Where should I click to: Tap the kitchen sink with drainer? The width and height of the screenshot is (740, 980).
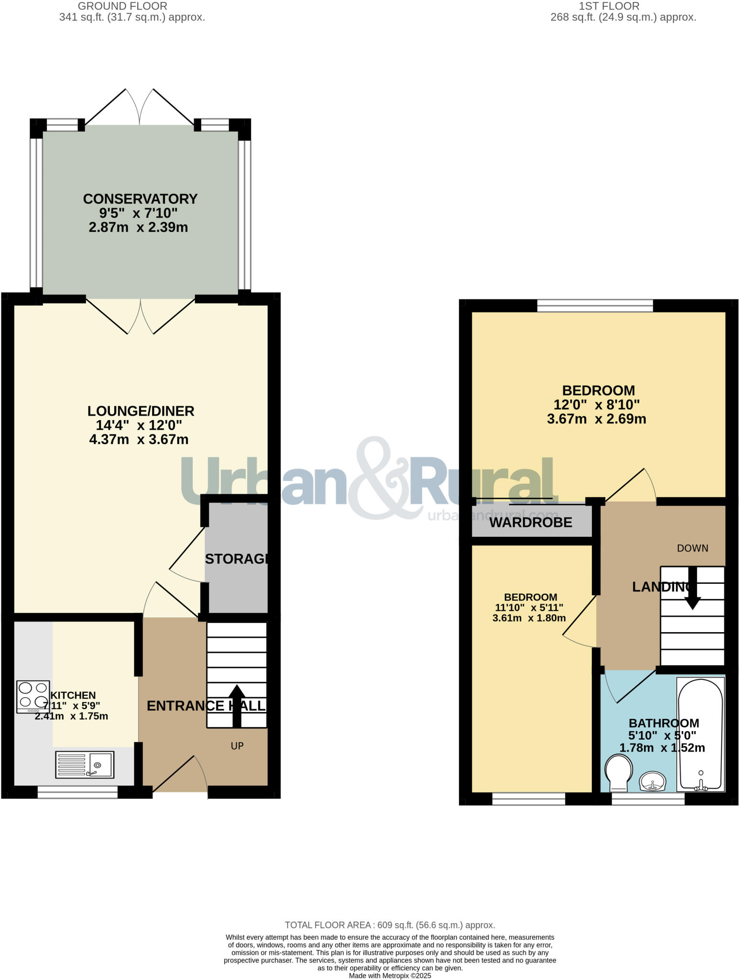[x=85, y=764]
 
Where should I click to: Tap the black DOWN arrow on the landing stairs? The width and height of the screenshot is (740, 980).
[x=692, y=589]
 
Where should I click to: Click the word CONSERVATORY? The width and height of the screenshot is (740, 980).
[x=140, y=199]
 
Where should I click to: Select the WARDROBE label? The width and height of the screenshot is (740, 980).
[x=531, y=523]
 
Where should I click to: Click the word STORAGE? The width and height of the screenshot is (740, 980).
[x=237, y=559]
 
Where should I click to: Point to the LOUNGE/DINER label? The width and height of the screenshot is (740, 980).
[x=141, y=411]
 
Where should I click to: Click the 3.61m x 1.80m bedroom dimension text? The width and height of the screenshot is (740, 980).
[x=529, y=618]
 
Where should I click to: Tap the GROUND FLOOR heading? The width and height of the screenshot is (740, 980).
[x=122, y=6]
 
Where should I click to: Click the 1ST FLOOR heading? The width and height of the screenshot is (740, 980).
[x=609, y=6]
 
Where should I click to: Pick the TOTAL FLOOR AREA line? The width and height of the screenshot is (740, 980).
[x=390, y=925]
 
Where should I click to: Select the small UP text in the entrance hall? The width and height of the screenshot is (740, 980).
[x=237, y=746]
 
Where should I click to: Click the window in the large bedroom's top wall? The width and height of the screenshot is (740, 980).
[x=595, y=305]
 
